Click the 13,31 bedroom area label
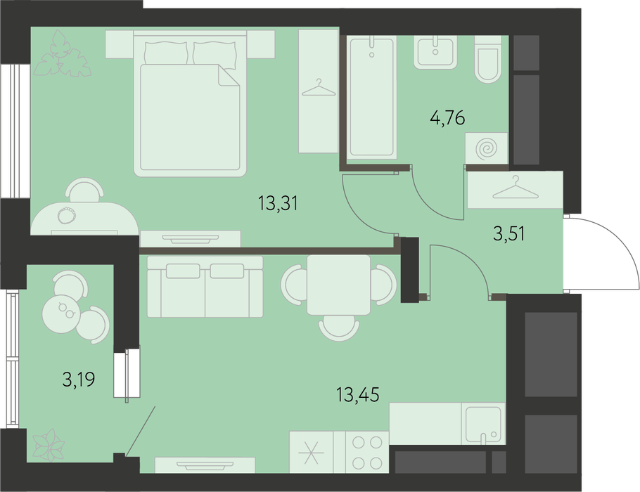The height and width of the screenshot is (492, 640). click(278, 203)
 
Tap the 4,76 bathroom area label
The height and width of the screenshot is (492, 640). click(447, 118)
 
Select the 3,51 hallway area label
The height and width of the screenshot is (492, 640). click(509, 234)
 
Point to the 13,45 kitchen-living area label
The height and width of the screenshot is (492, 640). click(357, 394)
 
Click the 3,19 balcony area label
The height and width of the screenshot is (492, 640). click(79, 380)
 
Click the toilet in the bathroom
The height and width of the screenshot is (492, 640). click(488, 60)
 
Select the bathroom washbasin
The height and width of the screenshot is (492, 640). click(435, 52)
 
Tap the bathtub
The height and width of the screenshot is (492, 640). click(371, 97)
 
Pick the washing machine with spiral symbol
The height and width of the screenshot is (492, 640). click(487, 148)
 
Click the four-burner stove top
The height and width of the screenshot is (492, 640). click(367, 453)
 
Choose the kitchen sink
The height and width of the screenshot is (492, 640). click(483, 424)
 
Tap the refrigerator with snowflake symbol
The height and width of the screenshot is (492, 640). click(312, 453)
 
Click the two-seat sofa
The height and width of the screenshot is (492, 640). click(205, 287)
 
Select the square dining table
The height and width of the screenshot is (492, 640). click(339, 285)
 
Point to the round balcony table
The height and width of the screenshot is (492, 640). click(60, 313)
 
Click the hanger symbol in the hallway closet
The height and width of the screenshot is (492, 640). click(516, 188)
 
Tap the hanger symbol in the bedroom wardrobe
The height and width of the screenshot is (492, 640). click(319, 87)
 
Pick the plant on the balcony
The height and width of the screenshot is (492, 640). click(49, 445)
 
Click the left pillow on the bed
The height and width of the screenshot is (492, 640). click(166, 53)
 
